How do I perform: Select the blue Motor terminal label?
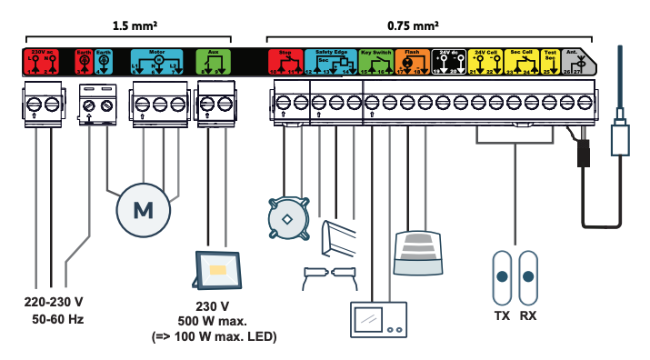coord(157,61)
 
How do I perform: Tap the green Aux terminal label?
coord(214,61)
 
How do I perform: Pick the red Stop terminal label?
coord(285,61)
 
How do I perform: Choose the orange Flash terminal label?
coord(412,61)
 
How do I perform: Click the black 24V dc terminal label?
coord(447,61)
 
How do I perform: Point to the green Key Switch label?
coord(375,61)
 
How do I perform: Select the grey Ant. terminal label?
coord(577,61)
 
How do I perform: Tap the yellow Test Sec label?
coord(550,61)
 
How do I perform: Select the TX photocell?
coord(501,278)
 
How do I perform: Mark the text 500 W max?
coord(215,322)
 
